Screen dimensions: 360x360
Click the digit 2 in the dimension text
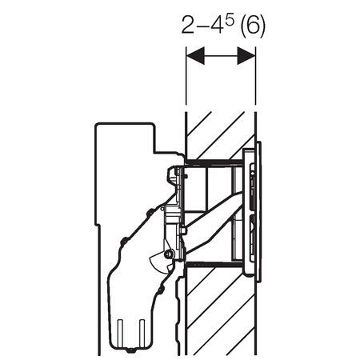188,25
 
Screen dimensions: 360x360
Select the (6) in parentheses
253,26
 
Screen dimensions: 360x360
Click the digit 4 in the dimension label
216,25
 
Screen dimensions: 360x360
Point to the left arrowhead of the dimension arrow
195,56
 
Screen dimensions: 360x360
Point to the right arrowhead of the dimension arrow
246,56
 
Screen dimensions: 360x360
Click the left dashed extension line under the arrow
186,76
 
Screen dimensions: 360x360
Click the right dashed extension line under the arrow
255,76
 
